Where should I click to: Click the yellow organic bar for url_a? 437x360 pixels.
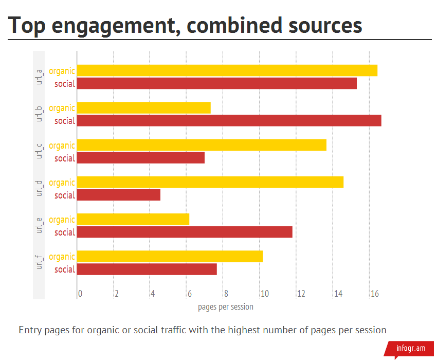tap(227, 70)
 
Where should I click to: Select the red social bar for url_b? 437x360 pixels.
tap(229, 120)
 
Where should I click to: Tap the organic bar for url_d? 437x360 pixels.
tap(210, 182)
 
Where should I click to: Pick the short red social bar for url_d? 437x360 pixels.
tap(119, 195)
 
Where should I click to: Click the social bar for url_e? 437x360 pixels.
tap(185, 232)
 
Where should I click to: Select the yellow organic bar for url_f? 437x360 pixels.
tap(170, 256)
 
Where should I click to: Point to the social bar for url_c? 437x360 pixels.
tap(141, 158)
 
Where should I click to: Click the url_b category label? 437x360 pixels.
tap(39, 114)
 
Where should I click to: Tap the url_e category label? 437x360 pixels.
tap(39, 225)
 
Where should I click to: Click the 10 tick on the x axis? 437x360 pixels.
tap(264, 294)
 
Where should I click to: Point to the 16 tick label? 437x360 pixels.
tap(375, 294)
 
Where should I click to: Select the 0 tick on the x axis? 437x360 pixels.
tap(80, 294)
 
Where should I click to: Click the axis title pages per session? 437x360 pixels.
tap(225, 307)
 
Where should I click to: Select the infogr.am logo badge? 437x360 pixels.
tap(410, 348)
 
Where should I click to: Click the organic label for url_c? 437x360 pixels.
tap(62, 146)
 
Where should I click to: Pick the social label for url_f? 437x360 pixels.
tap(65, 269)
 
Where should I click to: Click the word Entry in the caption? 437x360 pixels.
tap(30, 330)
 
